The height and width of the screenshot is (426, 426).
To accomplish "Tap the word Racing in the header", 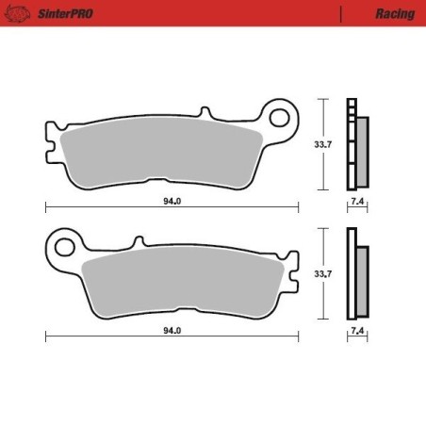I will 394,14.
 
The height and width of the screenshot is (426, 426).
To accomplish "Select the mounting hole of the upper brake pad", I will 280,117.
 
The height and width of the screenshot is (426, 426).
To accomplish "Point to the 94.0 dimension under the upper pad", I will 171,201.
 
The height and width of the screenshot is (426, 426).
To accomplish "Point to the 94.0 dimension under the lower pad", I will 171,331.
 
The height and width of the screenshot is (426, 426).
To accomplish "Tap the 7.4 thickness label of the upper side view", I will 356,201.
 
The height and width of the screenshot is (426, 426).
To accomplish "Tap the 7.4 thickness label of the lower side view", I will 356,331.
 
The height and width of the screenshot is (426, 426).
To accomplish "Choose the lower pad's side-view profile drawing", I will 356,275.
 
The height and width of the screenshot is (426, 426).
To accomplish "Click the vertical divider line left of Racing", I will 341,14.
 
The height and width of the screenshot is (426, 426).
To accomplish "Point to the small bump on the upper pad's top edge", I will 201,114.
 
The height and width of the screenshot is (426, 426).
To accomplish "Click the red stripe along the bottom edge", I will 213,420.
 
